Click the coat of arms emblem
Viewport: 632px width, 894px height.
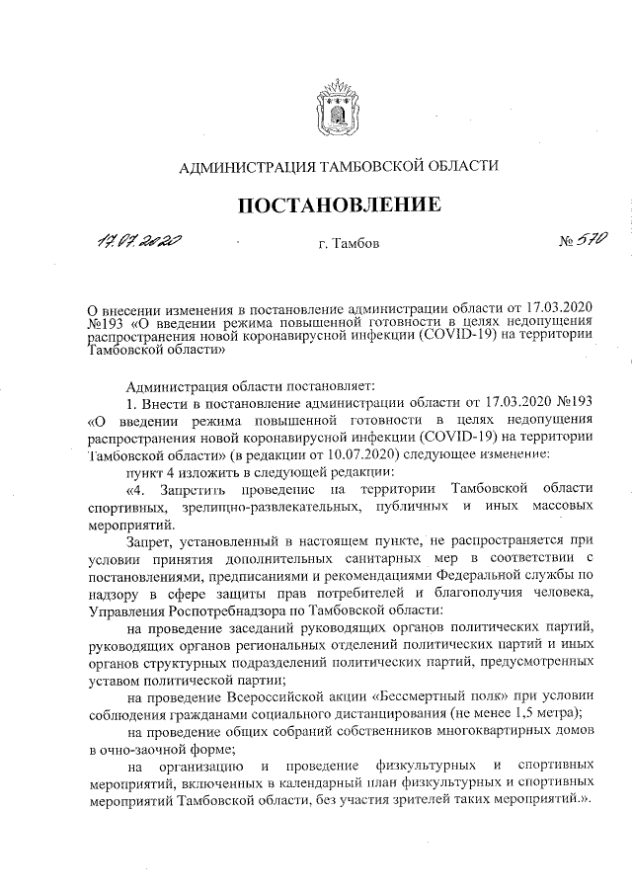pyautogui.click(x=337, y=108)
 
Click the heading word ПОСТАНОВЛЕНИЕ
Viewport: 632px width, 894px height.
pyautogui.click(x=337, y=206)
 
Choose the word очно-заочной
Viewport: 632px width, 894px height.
pyautogui.click(x=152, y=750)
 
